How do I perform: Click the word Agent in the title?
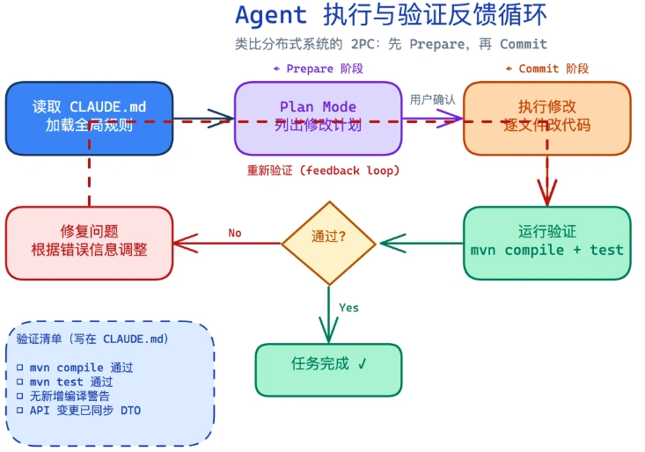tap(271, 15)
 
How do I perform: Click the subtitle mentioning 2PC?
tap(390, 44)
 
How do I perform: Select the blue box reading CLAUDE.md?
tap(89, 118)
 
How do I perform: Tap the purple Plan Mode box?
tap(318, 118)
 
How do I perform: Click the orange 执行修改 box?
tap(546, 118)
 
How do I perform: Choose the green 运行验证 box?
tap(546, 242)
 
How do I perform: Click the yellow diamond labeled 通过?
tap(328, 237)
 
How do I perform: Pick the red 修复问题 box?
tap(89, 242)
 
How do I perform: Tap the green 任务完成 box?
tap(328, 368)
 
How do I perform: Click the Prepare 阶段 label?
tap(318, 69)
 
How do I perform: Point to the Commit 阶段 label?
tap(546, 69)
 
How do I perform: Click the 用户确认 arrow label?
tap(432, 100)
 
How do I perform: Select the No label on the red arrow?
tap(235, 233)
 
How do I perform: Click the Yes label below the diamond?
tap(348, 308)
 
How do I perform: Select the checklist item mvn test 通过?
tap(64, 382)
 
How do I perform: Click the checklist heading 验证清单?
tap(92, 339)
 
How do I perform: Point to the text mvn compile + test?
tap(546, 251)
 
